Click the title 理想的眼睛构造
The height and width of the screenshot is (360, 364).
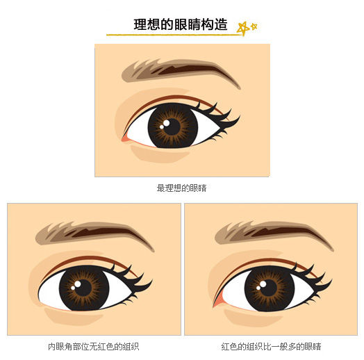pos(181,24)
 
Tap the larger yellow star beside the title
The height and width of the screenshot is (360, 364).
pos(243,28)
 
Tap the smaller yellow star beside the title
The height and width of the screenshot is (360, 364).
pos(254,26)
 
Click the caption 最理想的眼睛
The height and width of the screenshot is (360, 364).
pos(181,188)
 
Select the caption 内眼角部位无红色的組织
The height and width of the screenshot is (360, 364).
pos(94,347)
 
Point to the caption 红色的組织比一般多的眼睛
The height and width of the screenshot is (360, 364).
pos(271,347)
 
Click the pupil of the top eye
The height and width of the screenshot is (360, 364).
pos(172,126)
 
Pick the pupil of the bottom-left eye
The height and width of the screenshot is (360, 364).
pos(83,288)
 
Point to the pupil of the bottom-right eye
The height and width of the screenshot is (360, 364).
pos(269,288)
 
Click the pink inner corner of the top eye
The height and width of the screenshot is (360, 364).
pos(125,138)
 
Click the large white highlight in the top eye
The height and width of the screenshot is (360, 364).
pos(167,123)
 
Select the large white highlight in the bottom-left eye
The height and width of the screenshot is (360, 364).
pos(78,284)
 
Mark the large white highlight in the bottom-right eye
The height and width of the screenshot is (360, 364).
pos(263,284)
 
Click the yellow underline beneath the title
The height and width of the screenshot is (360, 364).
pos(174,35)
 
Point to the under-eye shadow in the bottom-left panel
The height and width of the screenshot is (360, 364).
pos(73,316)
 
